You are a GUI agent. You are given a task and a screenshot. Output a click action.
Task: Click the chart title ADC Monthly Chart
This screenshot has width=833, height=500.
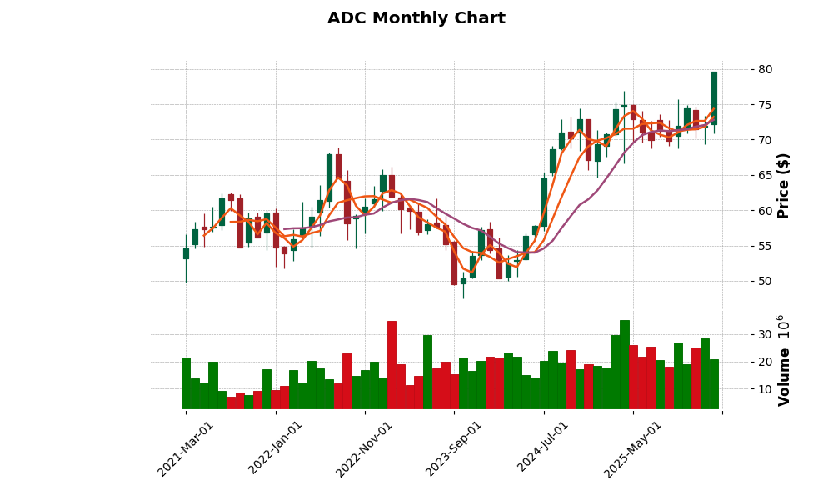(x=416, y=18)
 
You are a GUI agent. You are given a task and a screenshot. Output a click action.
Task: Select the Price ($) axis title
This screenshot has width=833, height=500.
(x=783, y=185)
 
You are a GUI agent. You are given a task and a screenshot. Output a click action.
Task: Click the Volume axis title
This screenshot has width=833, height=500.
(x=783, y=360)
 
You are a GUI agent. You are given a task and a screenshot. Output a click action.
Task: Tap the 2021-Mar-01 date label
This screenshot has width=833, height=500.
(x=186, y=447)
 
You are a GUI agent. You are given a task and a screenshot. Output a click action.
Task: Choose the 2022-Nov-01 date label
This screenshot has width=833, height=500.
(x=364, y=447)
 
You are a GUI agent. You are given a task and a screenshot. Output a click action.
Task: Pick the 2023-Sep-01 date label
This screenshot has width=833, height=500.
(x=454, y=447)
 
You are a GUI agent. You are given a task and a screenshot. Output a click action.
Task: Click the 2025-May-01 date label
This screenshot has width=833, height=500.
(x=633, y=447)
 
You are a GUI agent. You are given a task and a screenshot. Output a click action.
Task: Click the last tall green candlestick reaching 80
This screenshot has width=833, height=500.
(x=714, y=97)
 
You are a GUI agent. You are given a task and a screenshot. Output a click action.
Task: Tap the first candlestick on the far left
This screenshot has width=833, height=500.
(x=186, y=253)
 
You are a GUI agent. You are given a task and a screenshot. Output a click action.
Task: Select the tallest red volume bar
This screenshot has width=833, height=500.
(x=392, y=364)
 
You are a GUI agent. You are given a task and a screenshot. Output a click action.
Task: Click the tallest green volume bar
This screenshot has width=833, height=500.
(x=625, y=364)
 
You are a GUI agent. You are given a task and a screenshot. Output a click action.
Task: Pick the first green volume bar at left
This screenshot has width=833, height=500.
(x=186, y=383)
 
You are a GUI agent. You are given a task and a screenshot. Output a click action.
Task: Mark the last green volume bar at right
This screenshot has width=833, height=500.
(x=714, y=383)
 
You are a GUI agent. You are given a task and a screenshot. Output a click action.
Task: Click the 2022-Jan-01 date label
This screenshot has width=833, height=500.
(x=275, y=447)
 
